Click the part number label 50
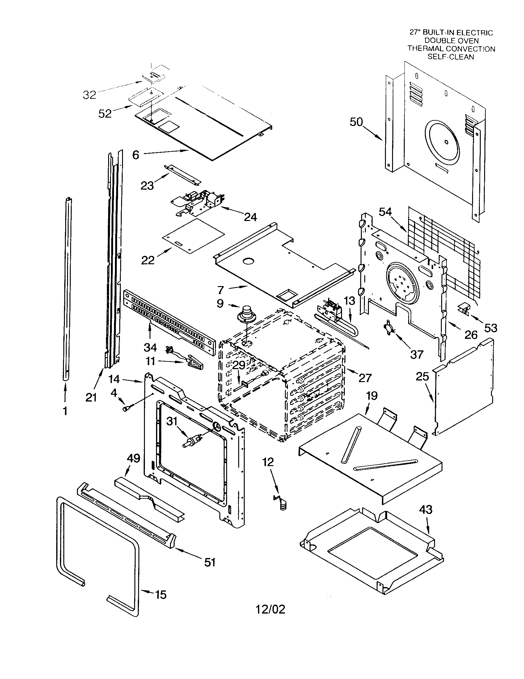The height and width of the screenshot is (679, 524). [356, 122]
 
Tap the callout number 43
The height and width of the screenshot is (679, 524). [426, 510]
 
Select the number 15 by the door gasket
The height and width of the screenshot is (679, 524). [161, 595]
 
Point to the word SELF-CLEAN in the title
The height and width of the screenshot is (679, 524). [450, 57]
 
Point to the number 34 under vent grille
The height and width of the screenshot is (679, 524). [150, 347]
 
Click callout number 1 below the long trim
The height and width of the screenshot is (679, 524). [65, 411]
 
